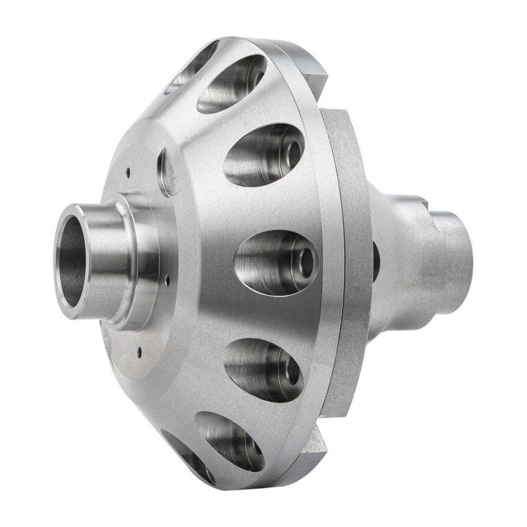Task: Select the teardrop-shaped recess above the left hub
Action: [168, 171]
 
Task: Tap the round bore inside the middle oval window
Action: [307, 262]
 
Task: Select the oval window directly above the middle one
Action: [263, 155]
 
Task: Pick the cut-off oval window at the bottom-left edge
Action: [188, 455]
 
